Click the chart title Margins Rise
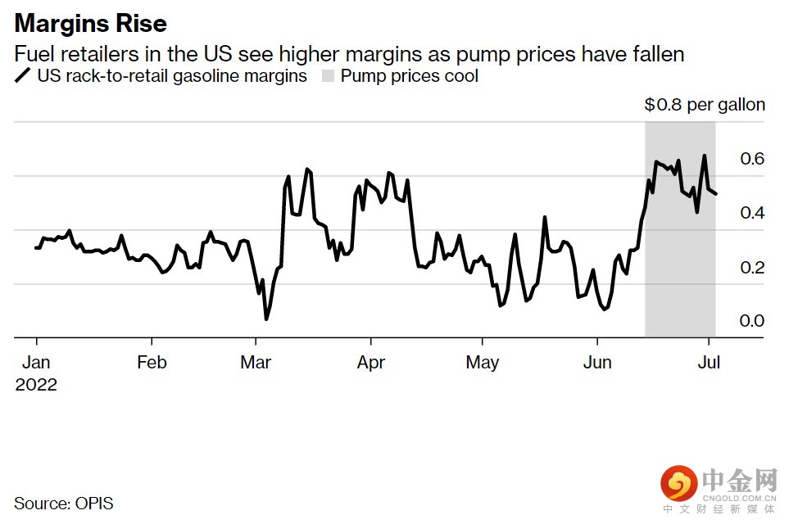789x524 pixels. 91,22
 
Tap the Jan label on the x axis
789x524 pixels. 36,362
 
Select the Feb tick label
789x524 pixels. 152,362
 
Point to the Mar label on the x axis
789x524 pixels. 256,362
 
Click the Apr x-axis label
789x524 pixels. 371,362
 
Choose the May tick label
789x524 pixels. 482,362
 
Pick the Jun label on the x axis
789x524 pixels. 597,362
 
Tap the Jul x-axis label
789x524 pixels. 709,362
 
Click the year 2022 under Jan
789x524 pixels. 36,384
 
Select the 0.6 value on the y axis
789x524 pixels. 752,158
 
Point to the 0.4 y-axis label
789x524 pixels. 752,213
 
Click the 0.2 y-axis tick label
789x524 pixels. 752,267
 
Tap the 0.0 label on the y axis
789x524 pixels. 752,320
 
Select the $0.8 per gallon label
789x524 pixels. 705,105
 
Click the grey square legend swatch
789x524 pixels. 328,76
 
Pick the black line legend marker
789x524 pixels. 23,76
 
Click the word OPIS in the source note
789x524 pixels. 94,503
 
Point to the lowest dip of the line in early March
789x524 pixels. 265,318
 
